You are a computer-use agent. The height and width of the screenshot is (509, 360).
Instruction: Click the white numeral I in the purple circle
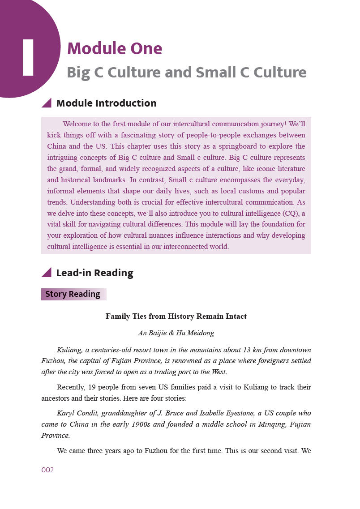click(28, 57)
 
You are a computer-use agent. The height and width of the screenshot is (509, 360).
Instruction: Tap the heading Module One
click(115, 48)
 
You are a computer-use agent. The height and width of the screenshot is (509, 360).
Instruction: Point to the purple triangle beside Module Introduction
click(47, 103)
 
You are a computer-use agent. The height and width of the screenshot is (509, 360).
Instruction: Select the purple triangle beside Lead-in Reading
click(47, 272)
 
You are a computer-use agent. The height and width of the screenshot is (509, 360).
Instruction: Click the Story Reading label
click(73, 294)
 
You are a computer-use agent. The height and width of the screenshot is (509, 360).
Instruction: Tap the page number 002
click(47, 470)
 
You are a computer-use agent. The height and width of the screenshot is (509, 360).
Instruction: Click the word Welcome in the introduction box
click(77, 124)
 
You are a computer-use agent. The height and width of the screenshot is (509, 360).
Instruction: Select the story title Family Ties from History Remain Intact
click(176, 316)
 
